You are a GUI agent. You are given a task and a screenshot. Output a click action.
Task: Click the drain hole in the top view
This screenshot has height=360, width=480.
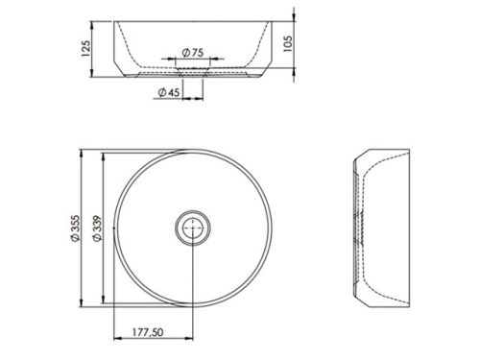tap(193, 228)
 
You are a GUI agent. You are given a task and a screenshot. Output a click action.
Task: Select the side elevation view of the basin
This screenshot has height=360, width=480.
tap(382, 228)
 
